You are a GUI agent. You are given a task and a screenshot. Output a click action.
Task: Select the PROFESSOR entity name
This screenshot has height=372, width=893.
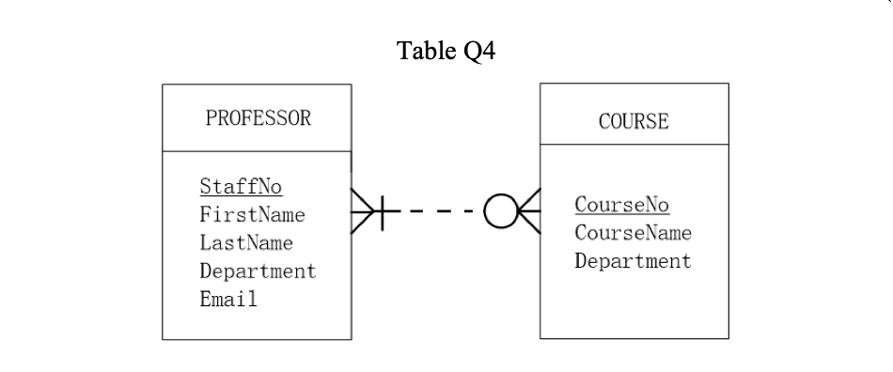coord(258,118)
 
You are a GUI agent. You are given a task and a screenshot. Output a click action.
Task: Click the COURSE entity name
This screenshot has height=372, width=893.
coord(634,121)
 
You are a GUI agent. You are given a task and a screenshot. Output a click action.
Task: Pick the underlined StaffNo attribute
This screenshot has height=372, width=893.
coord(241,187)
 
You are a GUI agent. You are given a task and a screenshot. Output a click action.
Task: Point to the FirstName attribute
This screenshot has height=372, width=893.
coord(252,215)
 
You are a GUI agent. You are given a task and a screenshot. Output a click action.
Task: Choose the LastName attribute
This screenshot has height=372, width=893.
coord(246,243)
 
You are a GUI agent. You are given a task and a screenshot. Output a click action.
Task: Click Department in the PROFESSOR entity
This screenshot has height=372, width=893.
coord(258,271)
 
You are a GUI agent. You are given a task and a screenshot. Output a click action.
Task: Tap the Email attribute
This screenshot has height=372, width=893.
coord(228,300)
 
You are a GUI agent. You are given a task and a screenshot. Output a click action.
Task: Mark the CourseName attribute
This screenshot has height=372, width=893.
coord(633,233)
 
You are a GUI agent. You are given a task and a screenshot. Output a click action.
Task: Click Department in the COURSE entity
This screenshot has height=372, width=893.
coord(633,261)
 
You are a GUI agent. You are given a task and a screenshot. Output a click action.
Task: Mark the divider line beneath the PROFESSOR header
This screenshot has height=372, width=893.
coord(257,151)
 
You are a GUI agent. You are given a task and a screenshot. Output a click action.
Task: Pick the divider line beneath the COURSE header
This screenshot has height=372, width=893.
coord(634,145)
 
